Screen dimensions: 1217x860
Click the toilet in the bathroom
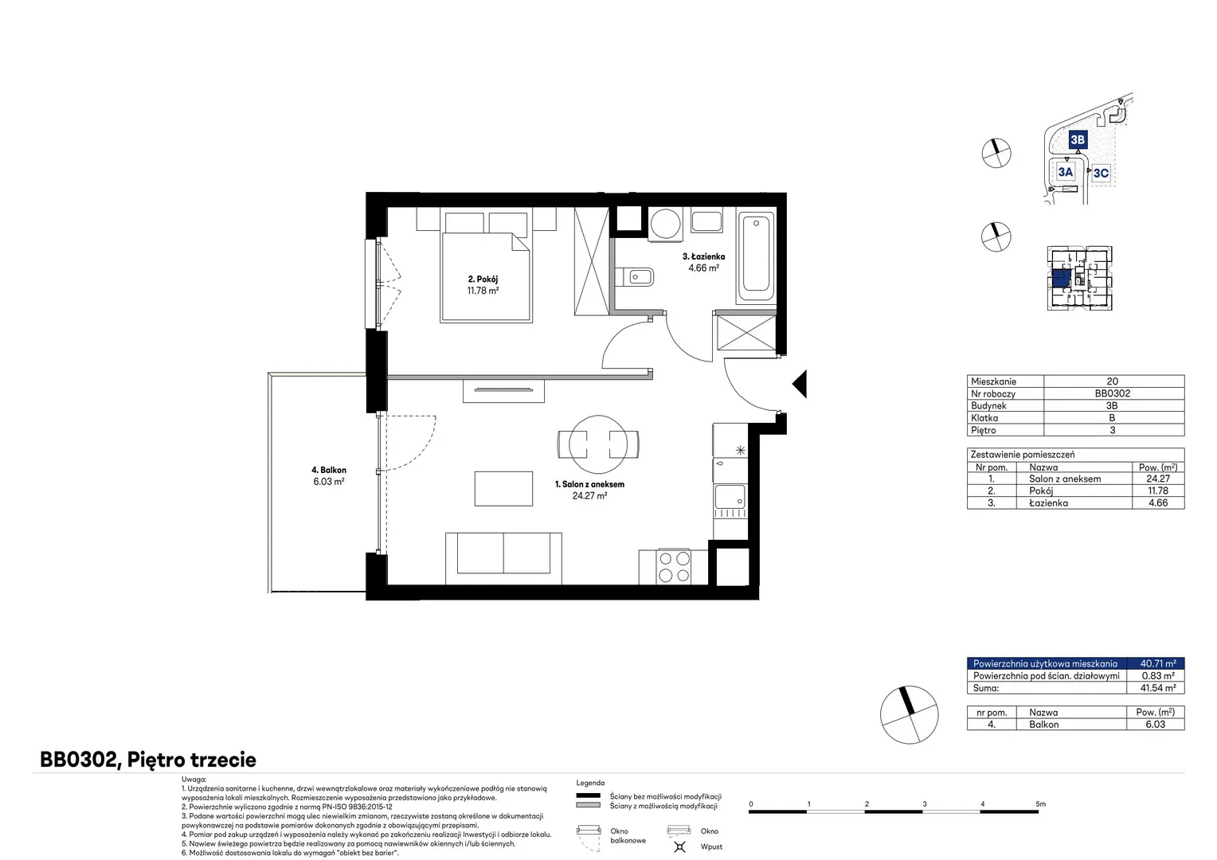[x=635, y=278]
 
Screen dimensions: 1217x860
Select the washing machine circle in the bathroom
[x=666, y=223]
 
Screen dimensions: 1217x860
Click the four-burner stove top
[x=675, y=567]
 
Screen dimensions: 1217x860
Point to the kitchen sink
[x=730, y=497]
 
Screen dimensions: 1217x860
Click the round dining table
[x=598, y=444]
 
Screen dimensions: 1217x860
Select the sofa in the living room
[x=503, y=558]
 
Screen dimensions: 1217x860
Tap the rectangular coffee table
[x=503, y=488]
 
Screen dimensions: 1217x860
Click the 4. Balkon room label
[x=329, y=470]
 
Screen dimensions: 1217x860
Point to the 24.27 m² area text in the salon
[x=589, y=495]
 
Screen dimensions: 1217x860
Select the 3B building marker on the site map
[x=1078, y=139]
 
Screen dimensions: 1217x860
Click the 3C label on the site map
[x=1101, y=174]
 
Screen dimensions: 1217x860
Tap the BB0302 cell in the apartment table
[x=1112, y=393]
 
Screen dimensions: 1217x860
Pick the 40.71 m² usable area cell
[x=1158, y=663]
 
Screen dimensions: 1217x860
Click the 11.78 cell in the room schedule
[x=1158, y=491]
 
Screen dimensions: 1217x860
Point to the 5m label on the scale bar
[x=1040, y=803]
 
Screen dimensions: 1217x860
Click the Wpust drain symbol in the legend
[x=679, y=846]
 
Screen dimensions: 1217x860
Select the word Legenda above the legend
[x=590, y=783]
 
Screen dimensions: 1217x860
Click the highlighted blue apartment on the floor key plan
[x=1062, y=278]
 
